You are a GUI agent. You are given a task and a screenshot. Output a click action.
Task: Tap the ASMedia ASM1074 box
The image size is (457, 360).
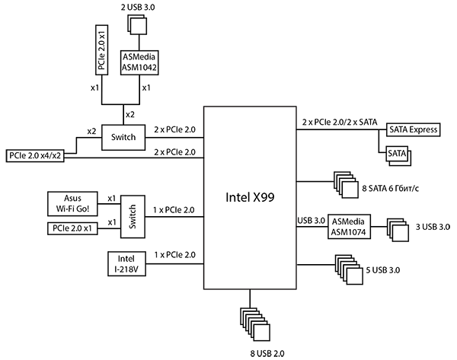[x=350, y=227]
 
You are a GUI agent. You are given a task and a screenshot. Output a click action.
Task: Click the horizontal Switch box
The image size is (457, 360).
[x=123, y=137]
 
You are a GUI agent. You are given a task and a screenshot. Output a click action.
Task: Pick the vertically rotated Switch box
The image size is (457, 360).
[x=131, y=216]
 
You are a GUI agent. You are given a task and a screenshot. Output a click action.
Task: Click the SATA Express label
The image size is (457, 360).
[x=413, y=130]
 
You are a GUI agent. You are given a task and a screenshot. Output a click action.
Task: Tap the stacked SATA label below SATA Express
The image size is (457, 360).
[x=398, y=155]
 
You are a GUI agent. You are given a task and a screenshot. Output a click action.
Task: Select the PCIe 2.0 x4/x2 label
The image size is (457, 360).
[x=35, y=155]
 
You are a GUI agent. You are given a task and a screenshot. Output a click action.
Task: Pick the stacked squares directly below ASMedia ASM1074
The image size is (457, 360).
[x=348, y=269]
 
